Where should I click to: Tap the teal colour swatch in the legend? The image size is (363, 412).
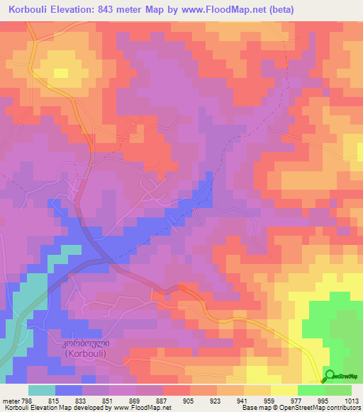[x=42, y=390]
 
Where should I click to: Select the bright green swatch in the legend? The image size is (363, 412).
[x=311, y=390]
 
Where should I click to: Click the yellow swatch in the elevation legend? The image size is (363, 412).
[x=284, y=390]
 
